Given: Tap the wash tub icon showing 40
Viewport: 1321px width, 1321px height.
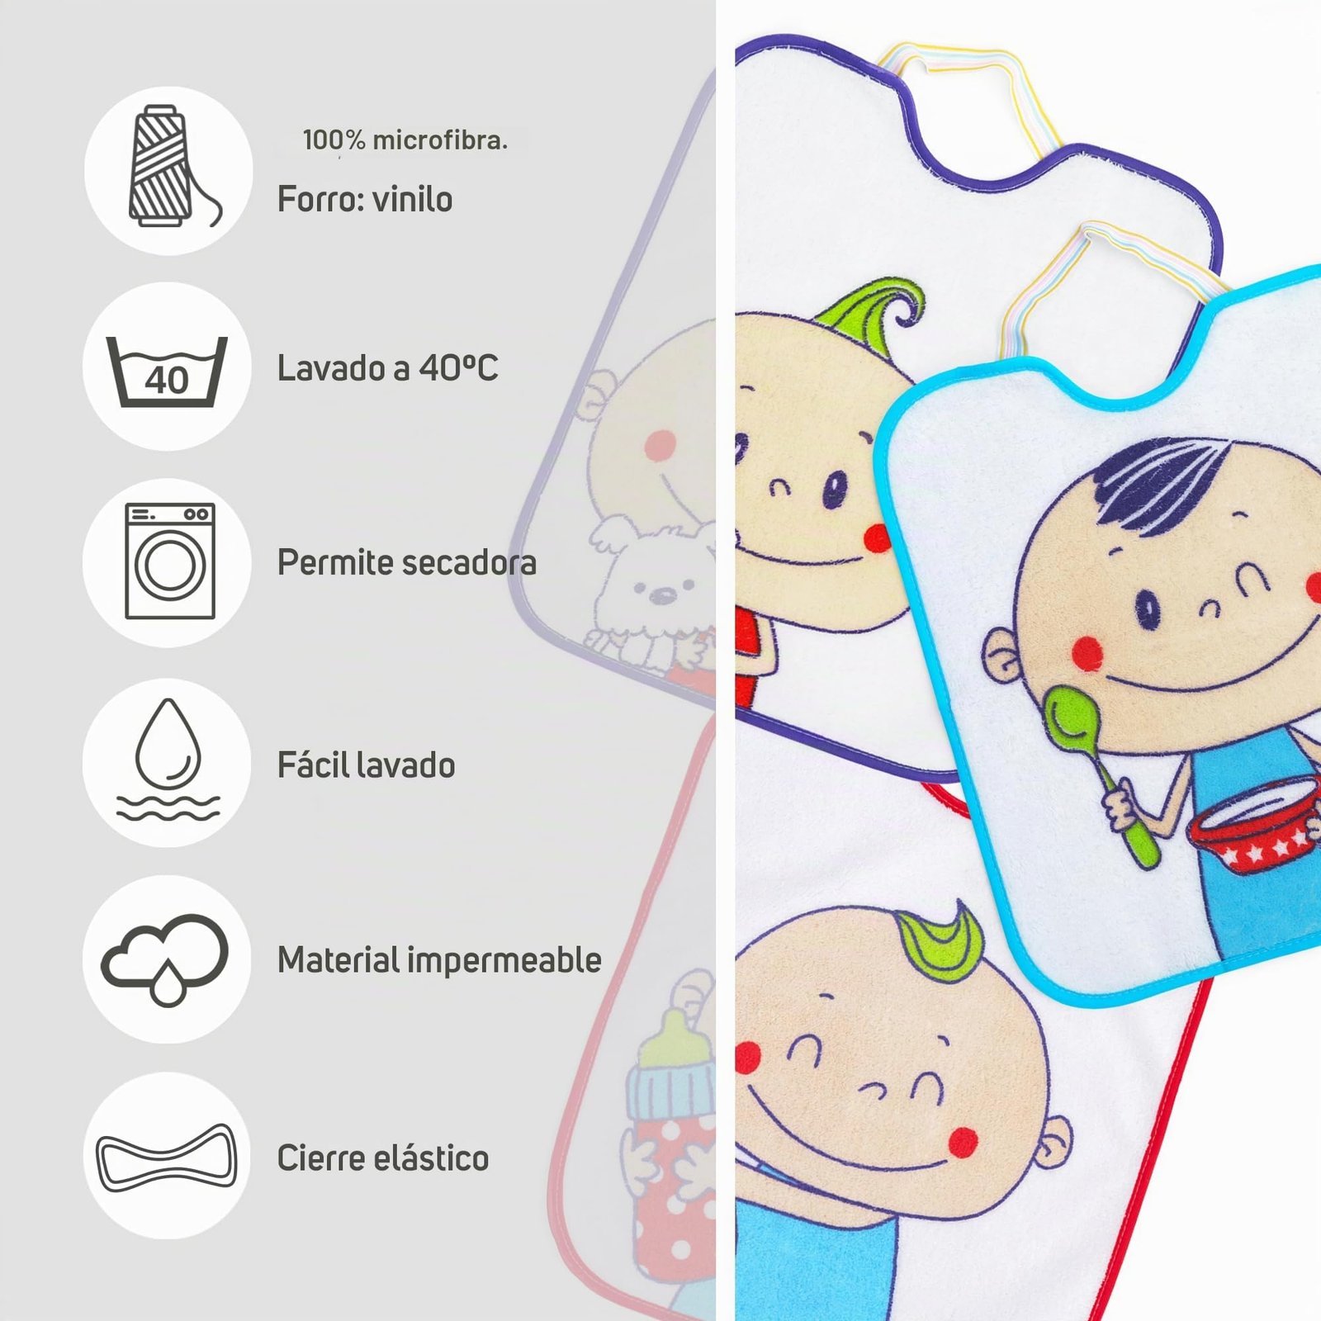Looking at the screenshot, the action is (167, 372).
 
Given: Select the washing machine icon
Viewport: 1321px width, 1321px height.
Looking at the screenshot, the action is (170, 561).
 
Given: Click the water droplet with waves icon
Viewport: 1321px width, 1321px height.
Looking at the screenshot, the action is (168, 760).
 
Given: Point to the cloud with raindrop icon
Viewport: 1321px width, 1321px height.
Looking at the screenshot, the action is (165, 958).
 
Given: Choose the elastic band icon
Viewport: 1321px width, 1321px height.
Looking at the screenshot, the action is (167, 1158).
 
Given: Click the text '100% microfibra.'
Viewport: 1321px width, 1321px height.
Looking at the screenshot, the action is (405, 140).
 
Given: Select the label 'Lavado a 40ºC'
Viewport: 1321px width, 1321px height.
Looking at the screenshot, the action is (387, 368).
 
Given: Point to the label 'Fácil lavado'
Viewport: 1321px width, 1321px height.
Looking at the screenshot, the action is (366, 765).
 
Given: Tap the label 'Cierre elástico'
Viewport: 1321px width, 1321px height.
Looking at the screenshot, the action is (382, 1158).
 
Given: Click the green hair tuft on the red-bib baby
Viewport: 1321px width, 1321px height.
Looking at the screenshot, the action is (941, 941).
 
